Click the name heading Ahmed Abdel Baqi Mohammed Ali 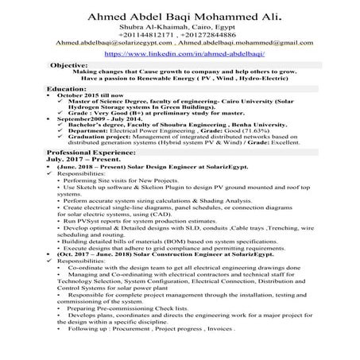[180, 12]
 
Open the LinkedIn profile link [179, 54]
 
